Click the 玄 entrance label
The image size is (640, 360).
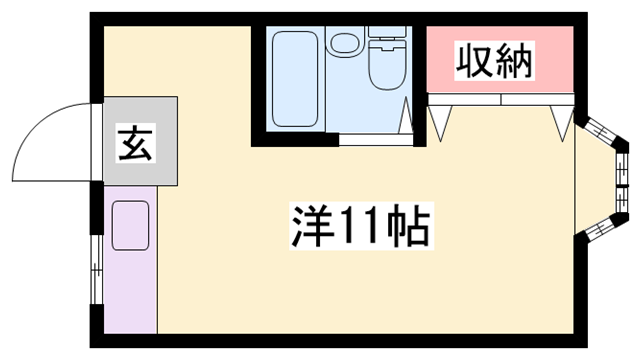point(136,145)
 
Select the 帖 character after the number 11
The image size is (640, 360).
point(410,227)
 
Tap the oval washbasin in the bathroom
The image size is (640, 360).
point(346,45)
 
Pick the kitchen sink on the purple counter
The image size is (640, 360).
point(130,224)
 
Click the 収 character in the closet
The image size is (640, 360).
point(474,62)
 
